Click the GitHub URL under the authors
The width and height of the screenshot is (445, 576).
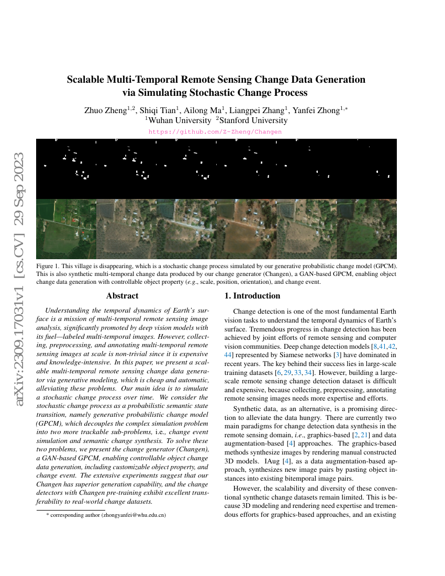215,132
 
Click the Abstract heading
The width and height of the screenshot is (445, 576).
122,296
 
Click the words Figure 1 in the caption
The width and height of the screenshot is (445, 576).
49,266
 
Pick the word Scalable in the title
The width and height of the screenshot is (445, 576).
86,80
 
